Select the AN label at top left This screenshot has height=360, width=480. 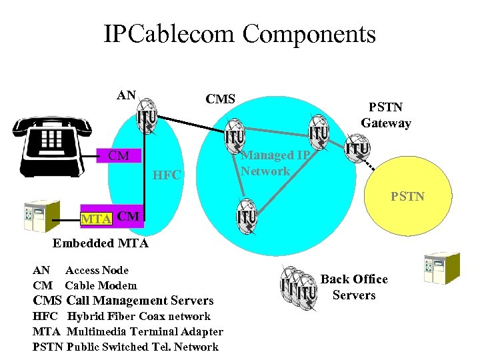[126, 95]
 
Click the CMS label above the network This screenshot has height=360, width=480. [220, 99]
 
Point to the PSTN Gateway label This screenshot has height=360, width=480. [386, 115]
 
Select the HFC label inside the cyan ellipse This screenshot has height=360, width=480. [167, 175]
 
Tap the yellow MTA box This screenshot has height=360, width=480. [95, 217]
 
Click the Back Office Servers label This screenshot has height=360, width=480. [354, 287]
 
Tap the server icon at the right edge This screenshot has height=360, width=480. [442, 267]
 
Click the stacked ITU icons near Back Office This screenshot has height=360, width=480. [297, 285]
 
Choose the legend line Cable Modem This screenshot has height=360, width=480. [85, 285]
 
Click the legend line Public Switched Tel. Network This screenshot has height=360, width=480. [125, 347]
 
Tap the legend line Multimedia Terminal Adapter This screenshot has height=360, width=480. [128, 331]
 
